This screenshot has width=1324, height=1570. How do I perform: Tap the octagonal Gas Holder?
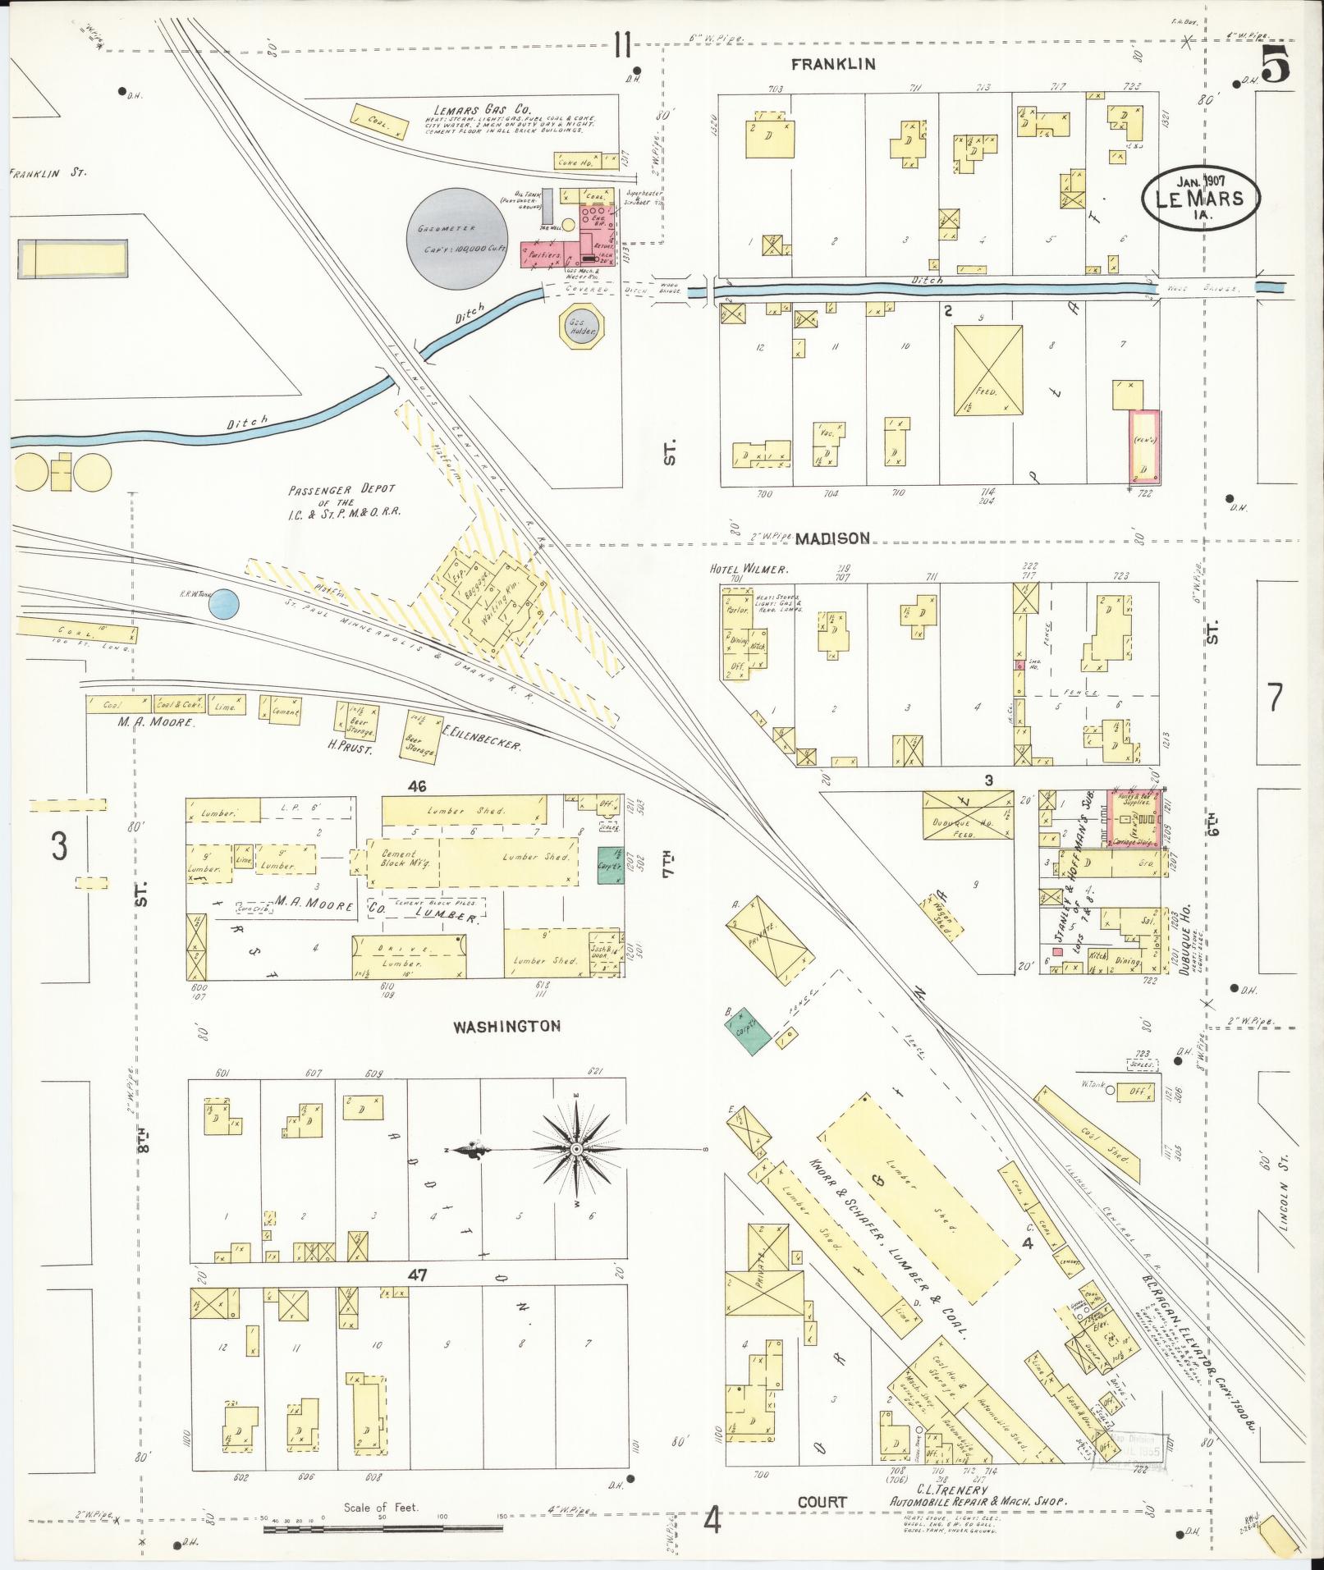[x=583, y=327]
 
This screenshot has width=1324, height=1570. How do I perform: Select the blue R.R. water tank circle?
[x=223, y=605]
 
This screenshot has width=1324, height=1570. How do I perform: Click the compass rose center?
[x=575, y=1147]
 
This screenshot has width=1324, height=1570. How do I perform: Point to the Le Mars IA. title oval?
[x=1200, y=198]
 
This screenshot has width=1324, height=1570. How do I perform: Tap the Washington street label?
[x=506, y=1026]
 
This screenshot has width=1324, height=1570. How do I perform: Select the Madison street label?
[x=832, y=538]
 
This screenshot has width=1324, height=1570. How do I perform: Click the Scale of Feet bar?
[x=383, y=1528]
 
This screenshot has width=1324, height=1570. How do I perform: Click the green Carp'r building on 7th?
[x=612, y=865]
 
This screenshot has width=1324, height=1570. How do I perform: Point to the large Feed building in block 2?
[x=988, y=370]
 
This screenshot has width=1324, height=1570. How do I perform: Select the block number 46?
[x=418, y=786]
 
